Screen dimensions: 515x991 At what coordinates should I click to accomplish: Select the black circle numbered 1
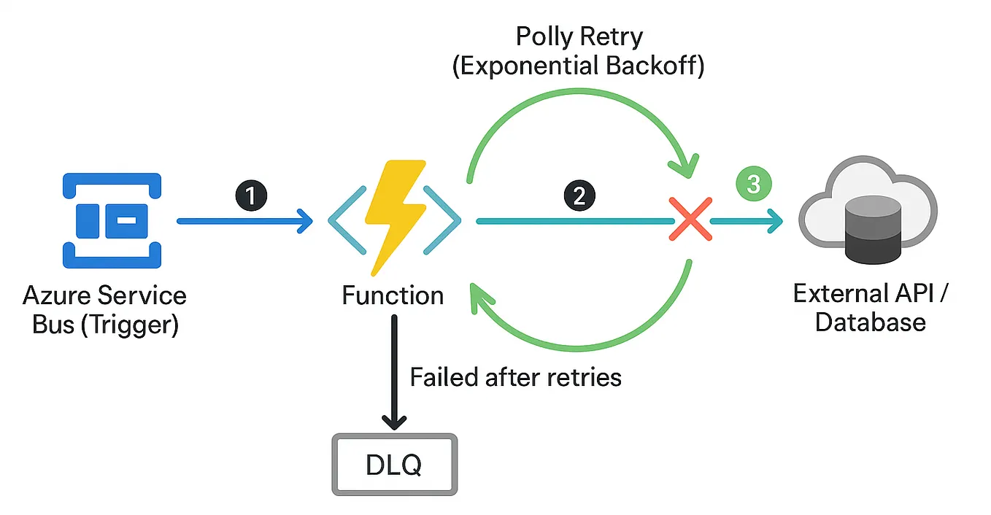[251, 195]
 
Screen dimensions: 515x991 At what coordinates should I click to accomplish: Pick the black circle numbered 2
[579, 195]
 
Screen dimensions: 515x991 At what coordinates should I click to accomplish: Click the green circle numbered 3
[753, 184]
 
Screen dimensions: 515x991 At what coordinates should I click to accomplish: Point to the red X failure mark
[690, 220]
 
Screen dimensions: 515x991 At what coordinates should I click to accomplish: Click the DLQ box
[395, 465]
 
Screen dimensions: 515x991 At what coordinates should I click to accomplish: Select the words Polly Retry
[579, 36]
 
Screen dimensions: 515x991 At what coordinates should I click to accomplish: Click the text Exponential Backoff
[579, 66]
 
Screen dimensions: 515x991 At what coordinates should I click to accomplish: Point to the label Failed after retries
[515, 377]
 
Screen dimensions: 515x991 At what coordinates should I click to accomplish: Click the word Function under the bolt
[393, 295]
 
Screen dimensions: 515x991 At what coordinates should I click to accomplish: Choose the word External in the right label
[838, 294]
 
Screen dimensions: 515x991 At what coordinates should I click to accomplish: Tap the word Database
[870, 322]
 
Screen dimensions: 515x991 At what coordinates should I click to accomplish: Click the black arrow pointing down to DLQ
[395, 372]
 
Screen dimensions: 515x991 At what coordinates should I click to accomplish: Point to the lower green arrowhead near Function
[482, 298]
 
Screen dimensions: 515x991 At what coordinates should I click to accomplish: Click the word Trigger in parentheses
[130, 324]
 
